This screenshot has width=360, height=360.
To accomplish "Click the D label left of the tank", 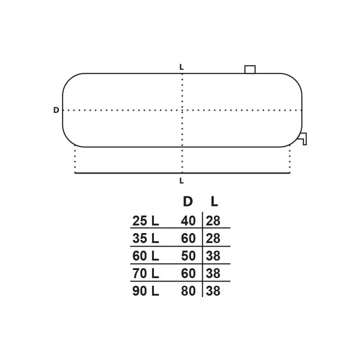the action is click(x=56, y=110).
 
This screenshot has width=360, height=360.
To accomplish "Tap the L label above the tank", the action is click(x=181, y=67).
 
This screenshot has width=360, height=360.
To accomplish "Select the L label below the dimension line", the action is click(x=181, y=181).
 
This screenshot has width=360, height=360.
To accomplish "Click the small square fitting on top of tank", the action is click(x=250, y=69).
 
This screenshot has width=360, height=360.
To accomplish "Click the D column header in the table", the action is click(x=188, y=202).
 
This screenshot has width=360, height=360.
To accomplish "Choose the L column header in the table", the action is click(x=214, y=202).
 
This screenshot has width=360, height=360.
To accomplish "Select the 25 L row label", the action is click(x=145, y=221).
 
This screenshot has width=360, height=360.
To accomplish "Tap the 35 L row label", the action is click(x=145, y=238).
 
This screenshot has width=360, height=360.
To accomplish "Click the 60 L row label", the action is click(x=145, y=256).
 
